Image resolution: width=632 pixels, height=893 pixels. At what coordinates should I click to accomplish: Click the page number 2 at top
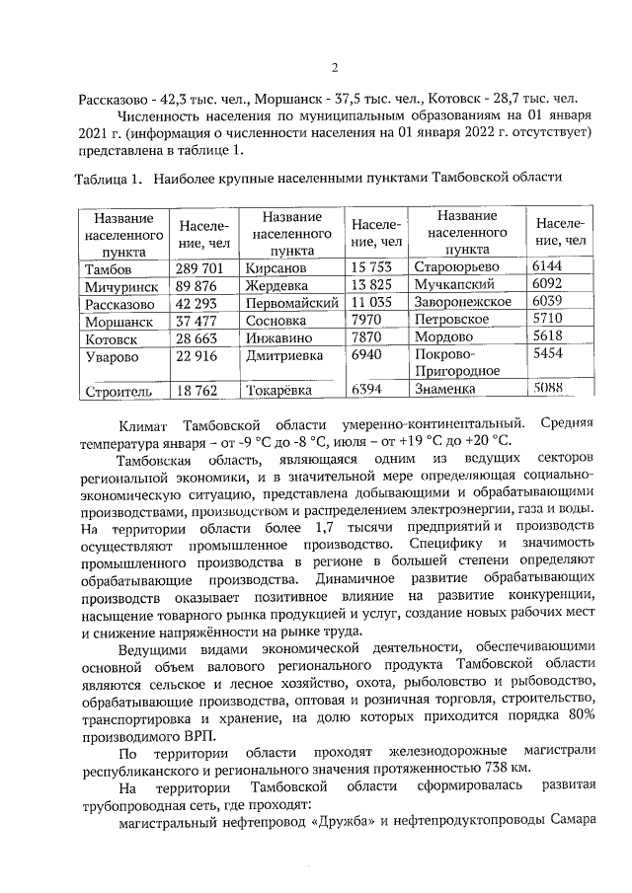tap(334, 68)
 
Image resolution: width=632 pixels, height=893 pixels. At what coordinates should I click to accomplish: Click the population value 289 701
tap(200, 268)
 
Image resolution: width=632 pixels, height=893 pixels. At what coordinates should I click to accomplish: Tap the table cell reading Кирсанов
tap(277, 268)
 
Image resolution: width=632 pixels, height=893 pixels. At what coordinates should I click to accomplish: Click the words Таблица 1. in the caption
tap(109, 179)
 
